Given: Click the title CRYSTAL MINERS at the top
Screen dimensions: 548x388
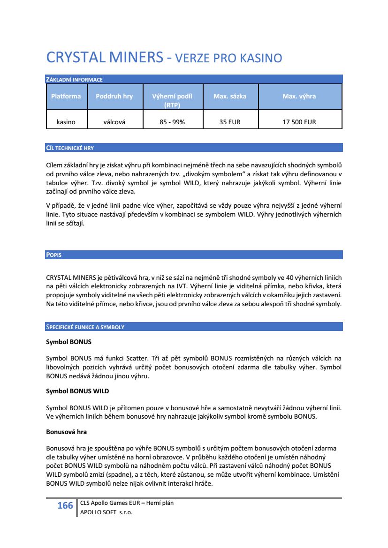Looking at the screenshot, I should coord(104,58).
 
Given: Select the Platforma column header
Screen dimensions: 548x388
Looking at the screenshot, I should coord(66,97).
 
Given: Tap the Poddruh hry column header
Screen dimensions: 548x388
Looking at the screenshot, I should coord(114,97).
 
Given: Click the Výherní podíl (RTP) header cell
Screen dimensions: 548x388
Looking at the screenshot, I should coord(172,100).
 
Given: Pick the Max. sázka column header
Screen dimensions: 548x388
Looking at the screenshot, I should coord(229,97).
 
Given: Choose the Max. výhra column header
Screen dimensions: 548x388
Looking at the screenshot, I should coord(299,97).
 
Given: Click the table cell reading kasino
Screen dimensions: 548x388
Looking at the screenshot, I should coord(66,122).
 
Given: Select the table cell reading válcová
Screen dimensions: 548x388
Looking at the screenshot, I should coord(114,122).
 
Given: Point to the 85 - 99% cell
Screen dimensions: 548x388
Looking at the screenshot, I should coord(172,122).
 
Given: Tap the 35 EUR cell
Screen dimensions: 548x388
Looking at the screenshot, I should coord(229,122).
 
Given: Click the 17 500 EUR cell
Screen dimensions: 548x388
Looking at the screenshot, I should coord(299,122).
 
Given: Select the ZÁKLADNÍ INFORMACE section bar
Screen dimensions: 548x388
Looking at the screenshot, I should coord(194,79).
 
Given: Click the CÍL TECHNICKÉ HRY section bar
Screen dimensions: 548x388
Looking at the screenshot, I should coord(194,148).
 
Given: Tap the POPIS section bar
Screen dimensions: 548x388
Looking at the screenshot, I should coord(194,255).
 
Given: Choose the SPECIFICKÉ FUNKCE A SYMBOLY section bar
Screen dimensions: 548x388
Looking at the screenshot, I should coord(194,327).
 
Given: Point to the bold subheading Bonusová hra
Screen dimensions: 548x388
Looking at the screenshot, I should coord(66,431).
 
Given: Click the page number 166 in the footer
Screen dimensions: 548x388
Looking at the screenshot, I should coord(65,506).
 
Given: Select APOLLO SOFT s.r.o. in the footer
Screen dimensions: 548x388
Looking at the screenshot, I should coord(107,512).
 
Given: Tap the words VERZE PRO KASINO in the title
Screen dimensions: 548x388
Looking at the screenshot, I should coord(228,59).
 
